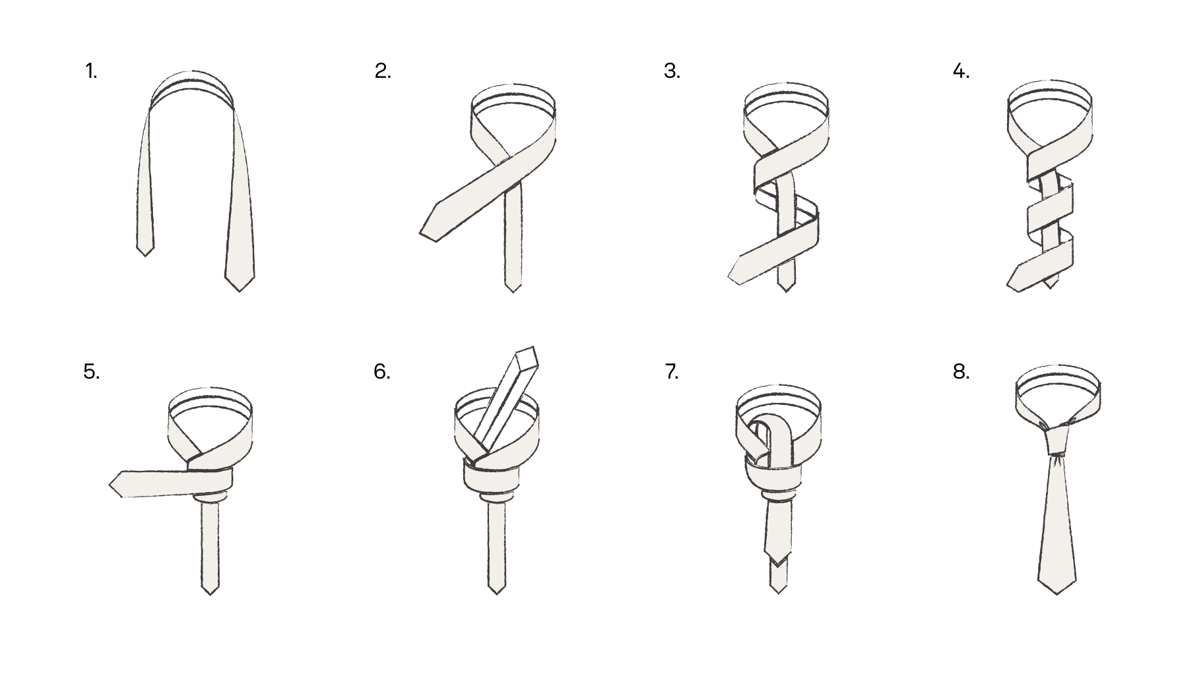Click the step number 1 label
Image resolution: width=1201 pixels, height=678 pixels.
pos(91,71)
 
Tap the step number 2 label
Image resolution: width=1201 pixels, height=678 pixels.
pos(383,71)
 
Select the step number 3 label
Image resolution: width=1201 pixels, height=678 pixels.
pos(672,71)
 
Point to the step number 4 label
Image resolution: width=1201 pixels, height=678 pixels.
pos(961,71)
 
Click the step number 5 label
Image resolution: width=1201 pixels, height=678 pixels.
pos(92,372)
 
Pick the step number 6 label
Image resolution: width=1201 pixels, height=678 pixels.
pos(382,372)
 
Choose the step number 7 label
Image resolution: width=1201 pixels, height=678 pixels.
pos(672,372)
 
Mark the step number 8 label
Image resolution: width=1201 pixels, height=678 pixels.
pos(961,372)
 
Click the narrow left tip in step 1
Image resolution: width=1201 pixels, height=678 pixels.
pos(145,255)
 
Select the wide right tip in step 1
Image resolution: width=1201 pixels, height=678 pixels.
pos(240,290)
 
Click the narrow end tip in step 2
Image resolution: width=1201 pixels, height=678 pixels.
pos(513,291)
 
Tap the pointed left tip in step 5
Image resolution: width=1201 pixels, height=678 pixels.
pos(110,486)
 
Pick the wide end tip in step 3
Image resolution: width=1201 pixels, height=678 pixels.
pos(729,276)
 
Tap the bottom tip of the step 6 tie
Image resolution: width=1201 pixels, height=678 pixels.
pos(496,593)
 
